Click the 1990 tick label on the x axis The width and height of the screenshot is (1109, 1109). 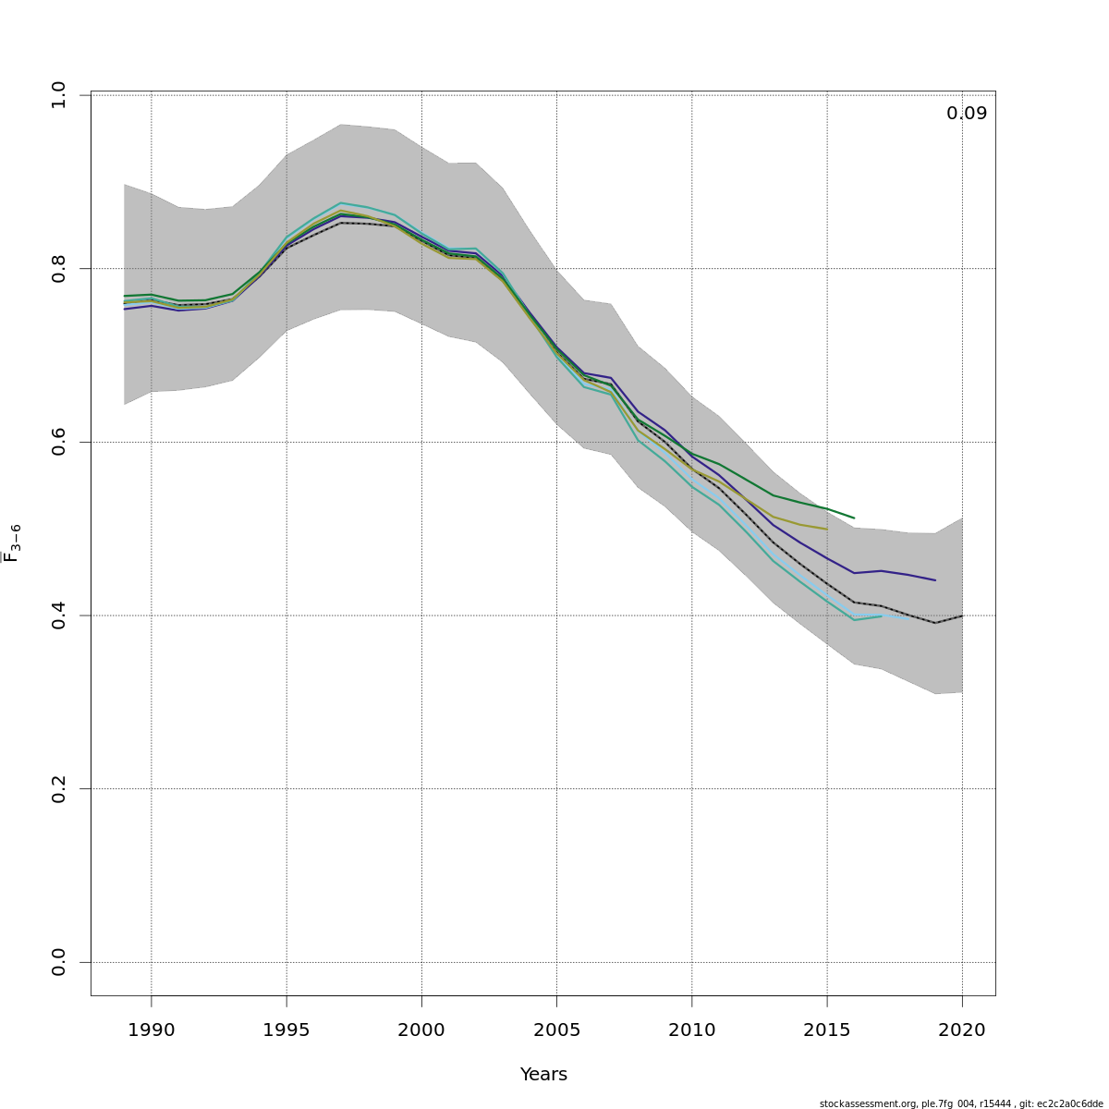pyautogui.click(x=152, y=1030)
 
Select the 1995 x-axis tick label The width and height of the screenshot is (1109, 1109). pyautogui.click(x=286, y=1030)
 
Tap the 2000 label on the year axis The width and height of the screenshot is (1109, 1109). pyautogui.click(x=421, y=1030)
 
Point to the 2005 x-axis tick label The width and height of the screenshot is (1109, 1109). pyautogui.click(x=556, y=1030)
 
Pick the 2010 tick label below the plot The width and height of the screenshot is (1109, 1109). pyautogui.click(x=691, y=1030)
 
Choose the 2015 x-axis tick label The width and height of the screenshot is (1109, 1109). pyautogui.click(x=826, y=1030)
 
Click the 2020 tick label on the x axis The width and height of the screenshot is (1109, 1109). pyautogui.click(x=962, y=1030)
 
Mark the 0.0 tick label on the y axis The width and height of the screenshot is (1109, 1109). pyautogui.click(x=59, y=962)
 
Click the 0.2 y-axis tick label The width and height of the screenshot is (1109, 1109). pyautogui.click(x=59, y=788)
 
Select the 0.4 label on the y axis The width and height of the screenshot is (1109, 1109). pyautogui.click(x=59, y=615)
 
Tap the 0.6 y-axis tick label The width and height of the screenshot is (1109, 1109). pyautogui.click(x=59, y=442)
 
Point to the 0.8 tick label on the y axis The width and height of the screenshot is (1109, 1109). pyautogui.click(x=59, y=268)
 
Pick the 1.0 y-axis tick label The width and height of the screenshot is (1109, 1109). pyautogui.click(x=59, y=94)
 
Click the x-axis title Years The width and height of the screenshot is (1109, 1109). pyautogui.click(x=543, y=1075)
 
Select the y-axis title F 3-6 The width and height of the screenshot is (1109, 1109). pyautogui.click(x=12, y=543)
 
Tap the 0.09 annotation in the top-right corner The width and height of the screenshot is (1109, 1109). pyautogui.click(x=967, y=114)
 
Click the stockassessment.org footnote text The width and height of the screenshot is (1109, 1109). pyautogui.click(x=961, y=1103)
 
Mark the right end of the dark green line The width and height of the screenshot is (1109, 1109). pyautogui.click(x=854, y=518)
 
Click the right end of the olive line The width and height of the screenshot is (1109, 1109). pyautogui.click(x=826, y=529)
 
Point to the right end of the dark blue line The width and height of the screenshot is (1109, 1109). pyautogui.click(x=935, y=580)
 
